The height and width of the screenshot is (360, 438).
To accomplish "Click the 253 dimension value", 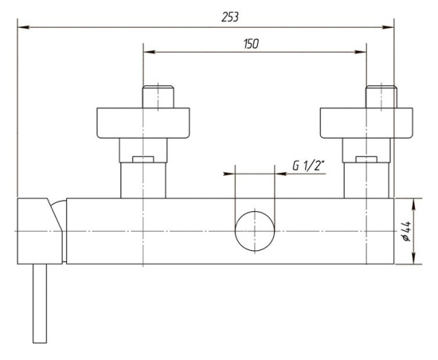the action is (x=230, y=18).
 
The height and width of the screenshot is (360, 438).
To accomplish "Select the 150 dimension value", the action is (x=251, y=44).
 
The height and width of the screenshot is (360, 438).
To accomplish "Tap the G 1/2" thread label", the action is (x=309, y=166).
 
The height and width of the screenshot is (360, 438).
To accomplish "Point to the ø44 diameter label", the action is (x=406, y=231).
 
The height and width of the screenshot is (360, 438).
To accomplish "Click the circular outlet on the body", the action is (x=255, y=231).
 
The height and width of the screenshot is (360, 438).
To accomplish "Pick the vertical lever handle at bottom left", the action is (x=40, y=303).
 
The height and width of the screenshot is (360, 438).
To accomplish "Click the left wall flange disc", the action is (x=143, y=123).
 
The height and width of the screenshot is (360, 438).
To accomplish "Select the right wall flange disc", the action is (x=366, y=123).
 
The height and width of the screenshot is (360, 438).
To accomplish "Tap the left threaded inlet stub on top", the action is (x=158, y=96).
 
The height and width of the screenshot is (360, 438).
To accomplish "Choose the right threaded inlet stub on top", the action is (x=381, y=96).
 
